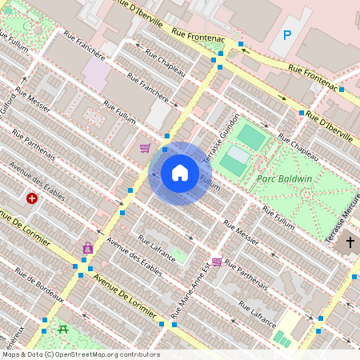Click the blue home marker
tap(180, 173)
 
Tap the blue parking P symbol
tap(286, 35)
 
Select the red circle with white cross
tap(32, 198)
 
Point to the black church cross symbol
tap(350, 242)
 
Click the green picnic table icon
tap(62, 328)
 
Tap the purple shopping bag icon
tap(87, 248)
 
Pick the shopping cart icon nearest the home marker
tap(145, 148)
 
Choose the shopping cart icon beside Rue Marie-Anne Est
tap(217, 262)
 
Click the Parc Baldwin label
tap(284, 179)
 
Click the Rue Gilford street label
tap(9, 102)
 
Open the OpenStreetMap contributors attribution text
tap(80, 354)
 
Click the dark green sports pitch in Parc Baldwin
tap(251, 138)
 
